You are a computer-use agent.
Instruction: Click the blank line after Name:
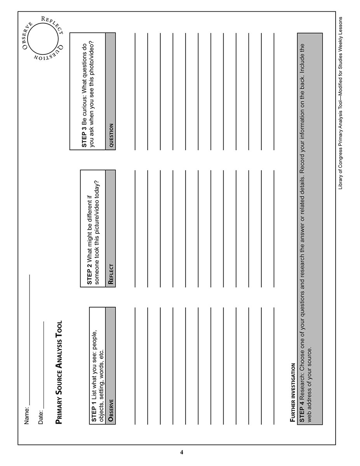click(x=29, y=342)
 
